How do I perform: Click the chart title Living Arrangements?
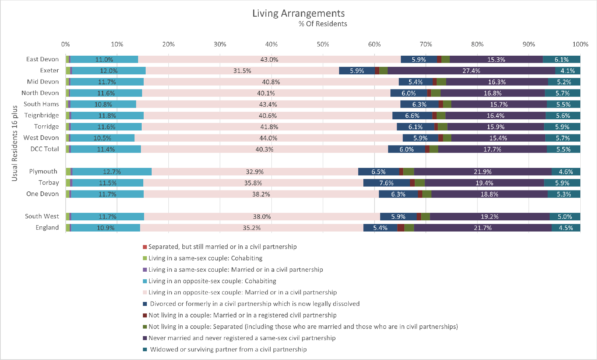pyautogui.click(x=298, y=13)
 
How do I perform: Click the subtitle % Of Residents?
pyautogui.click(x=323, y=24)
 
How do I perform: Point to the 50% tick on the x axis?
pyautogui.click(x=323, y=44)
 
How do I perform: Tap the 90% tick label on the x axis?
pyautogui.click(x=529, y=44)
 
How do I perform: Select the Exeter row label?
pyautogui.click(x=49, y=70)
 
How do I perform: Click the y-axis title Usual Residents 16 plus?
pyautogui.click(x=15, y=143)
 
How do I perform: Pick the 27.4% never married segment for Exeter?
pyautogui.click(x=471, y=71)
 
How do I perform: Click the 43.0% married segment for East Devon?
pyautogui.click(x=269, y=60)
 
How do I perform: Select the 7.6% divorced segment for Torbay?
pyautogui.click(x=386, y=183)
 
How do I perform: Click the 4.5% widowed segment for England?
pyautogui.click(x=566, y=228)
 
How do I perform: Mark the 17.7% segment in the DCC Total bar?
pyautogui.click(x=492, y=149)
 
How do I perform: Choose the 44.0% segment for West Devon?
pyautogui.click(x=268, y=138)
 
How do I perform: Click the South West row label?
pyautogui.click(x=42, y=216)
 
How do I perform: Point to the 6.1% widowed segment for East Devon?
pyautogui.click(x=562, y=60)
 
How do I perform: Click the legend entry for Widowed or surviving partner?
pyautogui.click(x=228, y=349)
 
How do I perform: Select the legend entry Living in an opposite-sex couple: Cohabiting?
pyautogui.click(x=212, y=281)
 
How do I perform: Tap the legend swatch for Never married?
pyautogui.click(x=145, y=338)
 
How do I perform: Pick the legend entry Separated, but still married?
pyautogui.click(x=222, y=247)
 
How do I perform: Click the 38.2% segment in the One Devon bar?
pyautogui.click(x=261, y=194)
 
